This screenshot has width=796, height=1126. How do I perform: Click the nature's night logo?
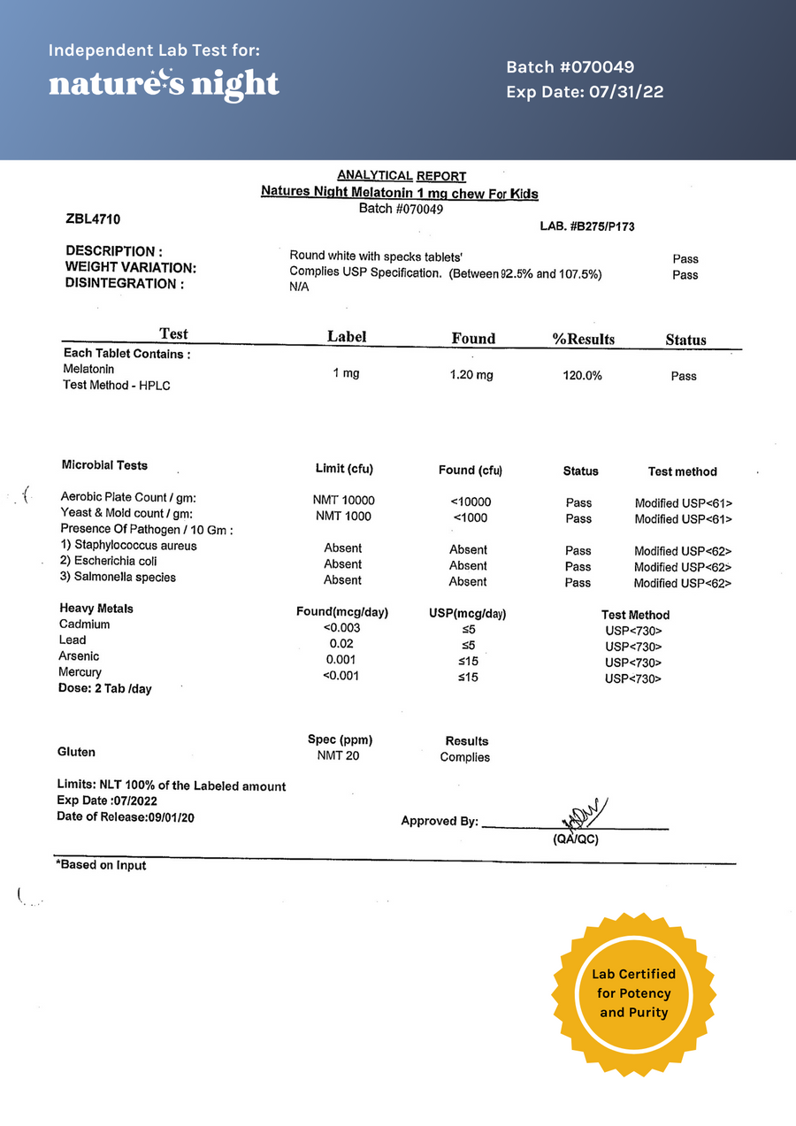tap(164, 84)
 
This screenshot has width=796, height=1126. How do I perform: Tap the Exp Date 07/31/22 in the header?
tap(585, 92)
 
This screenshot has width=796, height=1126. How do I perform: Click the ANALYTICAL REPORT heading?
tap(402, 176)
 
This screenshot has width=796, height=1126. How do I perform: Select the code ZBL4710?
tap(94, 218)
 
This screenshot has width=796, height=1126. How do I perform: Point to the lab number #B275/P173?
tap(586, 226)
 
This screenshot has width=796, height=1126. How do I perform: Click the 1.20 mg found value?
tap(471, 375)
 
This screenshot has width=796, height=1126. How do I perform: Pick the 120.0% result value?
tap(582, 376)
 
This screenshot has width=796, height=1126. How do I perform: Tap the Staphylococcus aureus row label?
tap(128, 546)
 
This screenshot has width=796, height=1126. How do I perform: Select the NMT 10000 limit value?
tap(344, 501)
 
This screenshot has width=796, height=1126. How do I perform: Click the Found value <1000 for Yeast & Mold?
tap(471, 517)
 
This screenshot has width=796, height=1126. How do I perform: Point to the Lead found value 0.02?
tap(341, 643)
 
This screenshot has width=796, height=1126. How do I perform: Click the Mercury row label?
tap(80, 672)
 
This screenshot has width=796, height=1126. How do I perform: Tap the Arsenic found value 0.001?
tap(341, 659)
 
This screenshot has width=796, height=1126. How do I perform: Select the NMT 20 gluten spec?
tap(338, 756)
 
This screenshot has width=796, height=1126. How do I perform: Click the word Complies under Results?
tap(464, 757)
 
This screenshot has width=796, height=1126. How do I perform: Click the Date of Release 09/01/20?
tap(126, 816)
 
